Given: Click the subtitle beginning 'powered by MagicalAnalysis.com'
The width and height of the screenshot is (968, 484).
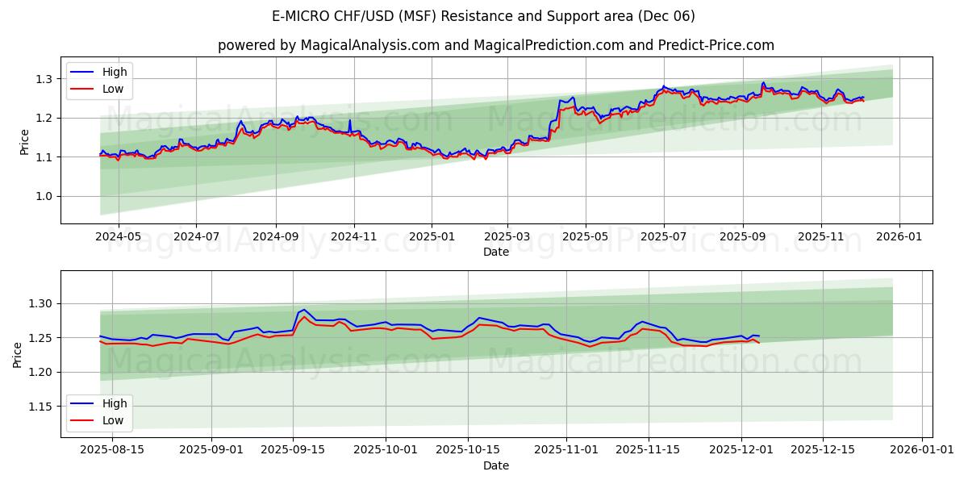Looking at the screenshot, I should (x=495, y=45).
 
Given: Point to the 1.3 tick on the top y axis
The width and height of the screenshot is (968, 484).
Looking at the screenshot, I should (x=44, y=79).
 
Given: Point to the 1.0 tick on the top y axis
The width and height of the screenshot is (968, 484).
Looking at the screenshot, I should (x=44, y=196).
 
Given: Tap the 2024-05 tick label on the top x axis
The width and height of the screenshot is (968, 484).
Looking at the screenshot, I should (x=119, y=237).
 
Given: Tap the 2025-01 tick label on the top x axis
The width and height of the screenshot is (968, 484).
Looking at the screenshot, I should (x=432, y=237).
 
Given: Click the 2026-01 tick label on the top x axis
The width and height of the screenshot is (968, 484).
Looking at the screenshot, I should (x=899, y=237).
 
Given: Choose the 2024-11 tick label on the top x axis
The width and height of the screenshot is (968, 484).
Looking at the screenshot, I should (x=353, y=237).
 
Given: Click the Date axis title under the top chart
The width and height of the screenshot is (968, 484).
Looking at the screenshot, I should (x=495, y=252).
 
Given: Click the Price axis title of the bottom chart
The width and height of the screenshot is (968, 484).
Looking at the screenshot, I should (x=18, y=354).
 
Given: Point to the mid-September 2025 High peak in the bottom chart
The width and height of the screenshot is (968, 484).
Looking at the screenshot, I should (x=303, y=309).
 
